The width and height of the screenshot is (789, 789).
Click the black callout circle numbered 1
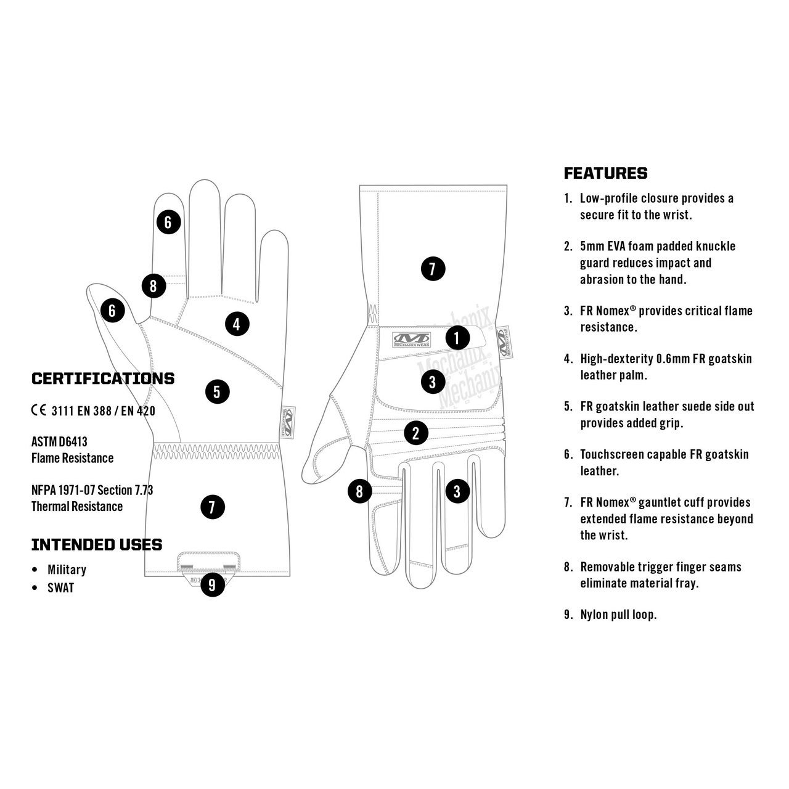click(x=457, y=337)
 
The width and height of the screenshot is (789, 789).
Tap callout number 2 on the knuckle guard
click(x=416, y=432)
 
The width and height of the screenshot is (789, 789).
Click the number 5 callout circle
click(x=217, y=391)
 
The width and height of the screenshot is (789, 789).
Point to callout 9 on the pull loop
click(x=212, y=584)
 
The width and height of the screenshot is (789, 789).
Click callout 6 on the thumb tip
click(x=112, y=311)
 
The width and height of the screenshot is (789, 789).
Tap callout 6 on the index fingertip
click(x=168, y=221)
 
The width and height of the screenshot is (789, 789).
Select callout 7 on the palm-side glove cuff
click(x=212, y=507)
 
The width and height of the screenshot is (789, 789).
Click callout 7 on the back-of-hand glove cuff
click(x=432, y=269)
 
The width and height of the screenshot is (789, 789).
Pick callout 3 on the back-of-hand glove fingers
click(x=457, y=491)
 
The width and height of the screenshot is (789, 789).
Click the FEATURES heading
click(x=605, y=173)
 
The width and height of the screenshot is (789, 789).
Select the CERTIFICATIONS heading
click(x=103, y=378)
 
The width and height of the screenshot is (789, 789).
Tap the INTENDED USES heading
click(x=97, y=545)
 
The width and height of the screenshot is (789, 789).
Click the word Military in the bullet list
click(x=67, y=570)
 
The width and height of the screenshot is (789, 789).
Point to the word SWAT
click(x=60, y=587)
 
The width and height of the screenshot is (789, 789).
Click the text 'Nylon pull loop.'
click(x=618, y=615)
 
